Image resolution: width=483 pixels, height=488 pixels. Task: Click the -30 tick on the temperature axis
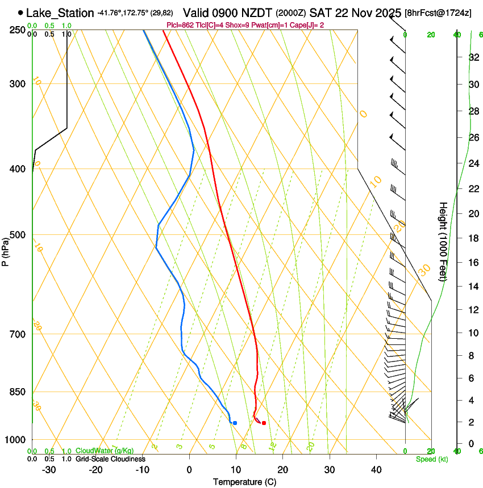[49, 469]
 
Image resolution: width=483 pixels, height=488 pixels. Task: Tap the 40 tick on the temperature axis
[376, 469]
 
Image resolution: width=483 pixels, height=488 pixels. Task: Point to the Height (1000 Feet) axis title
[444, 241]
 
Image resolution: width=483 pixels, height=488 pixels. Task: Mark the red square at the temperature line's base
[264, 423]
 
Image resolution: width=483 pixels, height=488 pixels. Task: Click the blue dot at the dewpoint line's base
[235, 423]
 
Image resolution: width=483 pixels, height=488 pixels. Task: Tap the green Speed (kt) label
[431, 459]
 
